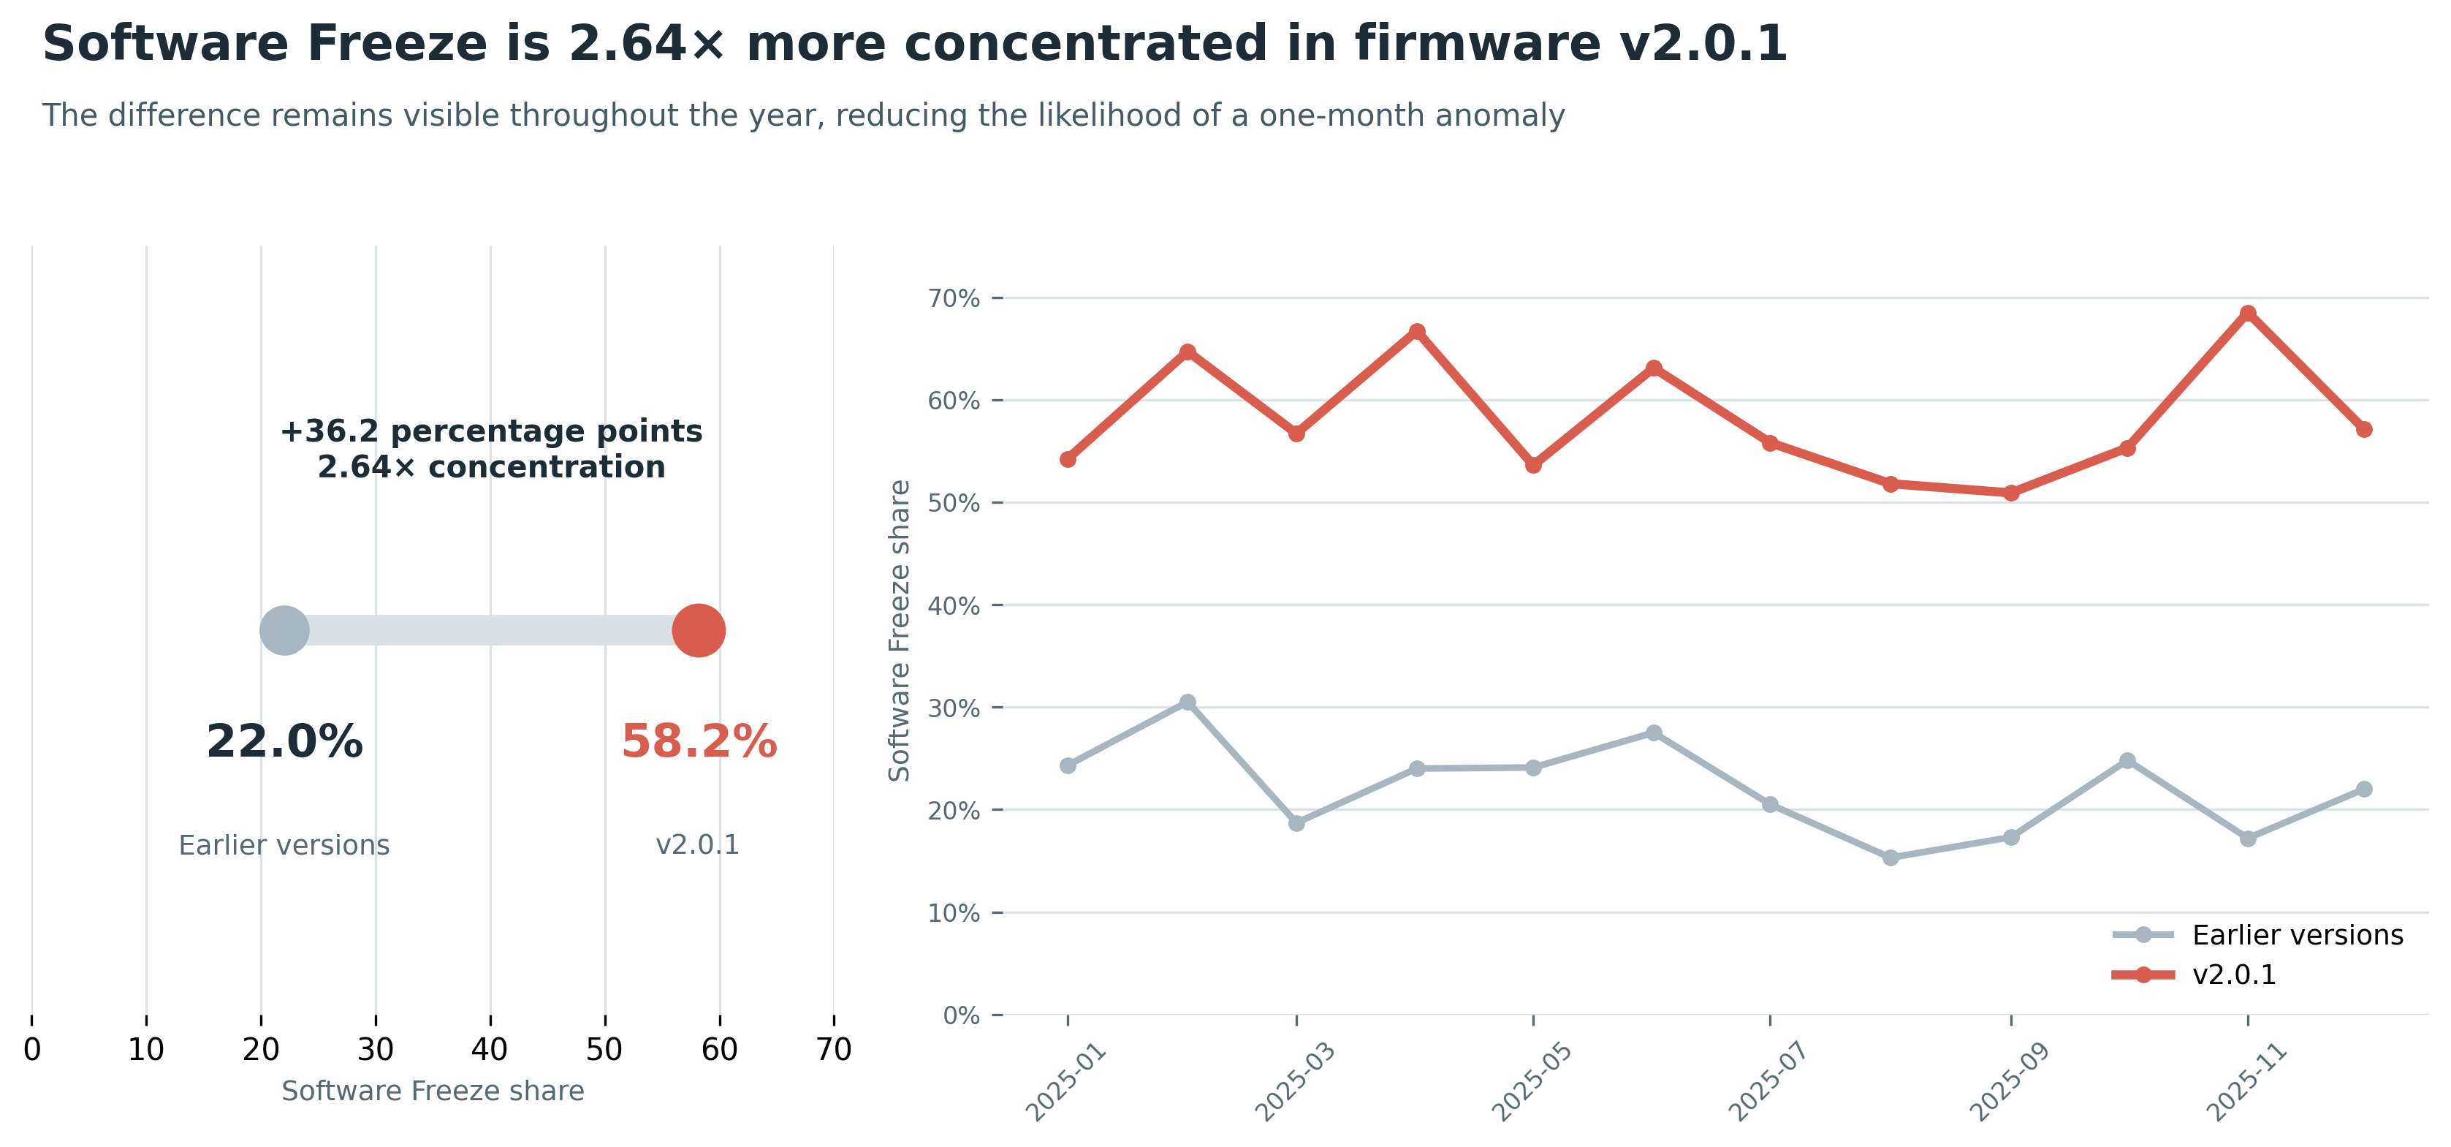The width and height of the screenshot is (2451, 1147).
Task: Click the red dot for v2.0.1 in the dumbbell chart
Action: [x=699, y=630]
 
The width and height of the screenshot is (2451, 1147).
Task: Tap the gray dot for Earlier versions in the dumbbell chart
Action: [x=284, y=630]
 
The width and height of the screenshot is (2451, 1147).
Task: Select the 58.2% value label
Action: [x=699, y=741]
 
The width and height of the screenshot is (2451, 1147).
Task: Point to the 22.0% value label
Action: [x=284, y=741]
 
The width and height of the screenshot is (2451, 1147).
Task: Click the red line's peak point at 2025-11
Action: [x=2247, y=313]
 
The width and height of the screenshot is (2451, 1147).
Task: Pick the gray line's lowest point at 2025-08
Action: [x=1890, y=858]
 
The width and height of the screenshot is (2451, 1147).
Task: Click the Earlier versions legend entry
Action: [x=2258, y=935]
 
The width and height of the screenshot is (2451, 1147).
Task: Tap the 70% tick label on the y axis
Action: [x=954, y=299]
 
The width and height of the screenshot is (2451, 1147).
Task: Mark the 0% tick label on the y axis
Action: [x=961, y=1015]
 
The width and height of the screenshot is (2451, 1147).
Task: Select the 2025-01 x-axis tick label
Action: [x=1065, y=1081]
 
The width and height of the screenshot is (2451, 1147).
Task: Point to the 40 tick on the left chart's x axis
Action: [x=490, y=1049]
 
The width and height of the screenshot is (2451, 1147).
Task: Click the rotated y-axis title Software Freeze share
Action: [x=899, y=630]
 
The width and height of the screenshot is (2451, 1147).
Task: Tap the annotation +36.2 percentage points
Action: [x=491, y=431]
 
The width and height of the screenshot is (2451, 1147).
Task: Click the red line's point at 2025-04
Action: [x=1417, y=331]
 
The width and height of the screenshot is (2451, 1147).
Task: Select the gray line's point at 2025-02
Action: [x=1187, y=703]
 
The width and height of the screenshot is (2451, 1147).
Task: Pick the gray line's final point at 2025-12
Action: [x=2363, y=789]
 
